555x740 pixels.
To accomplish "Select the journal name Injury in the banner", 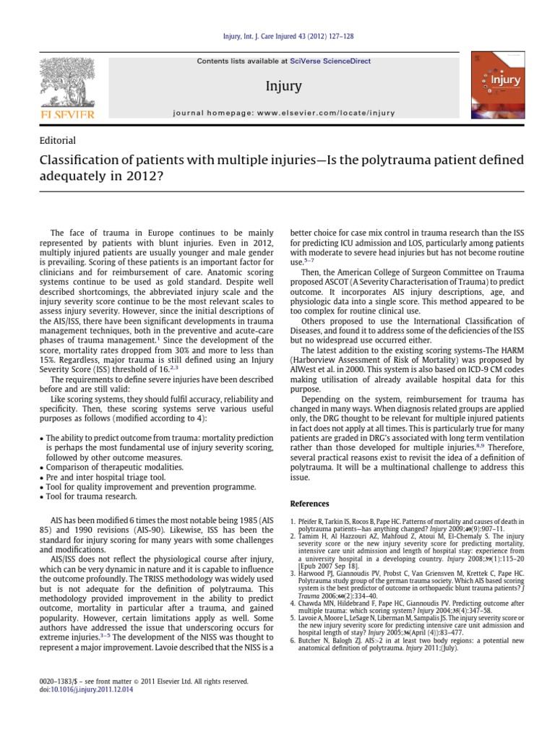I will [x=283, y=87].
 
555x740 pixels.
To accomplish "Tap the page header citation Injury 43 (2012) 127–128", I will [x=277, y=36].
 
